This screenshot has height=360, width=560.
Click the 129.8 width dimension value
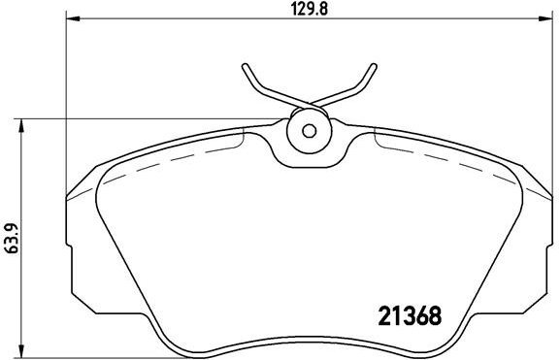point(310,10)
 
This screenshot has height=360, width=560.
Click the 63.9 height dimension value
point(12,238)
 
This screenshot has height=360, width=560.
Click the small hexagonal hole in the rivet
point(309,131)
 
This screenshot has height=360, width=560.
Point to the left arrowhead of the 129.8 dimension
point(73,18)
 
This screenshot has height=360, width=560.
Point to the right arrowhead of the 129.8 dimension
point(545,18)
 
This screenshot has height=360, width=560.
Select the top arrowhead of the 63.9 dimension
point(21,126)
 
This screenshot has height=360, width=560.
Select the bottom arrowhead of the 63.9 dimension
point(21,352)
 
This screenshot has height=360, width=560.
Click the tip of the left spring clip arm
point(245,66)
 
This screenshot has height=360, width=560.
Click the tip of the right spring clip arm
point(374,66)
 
